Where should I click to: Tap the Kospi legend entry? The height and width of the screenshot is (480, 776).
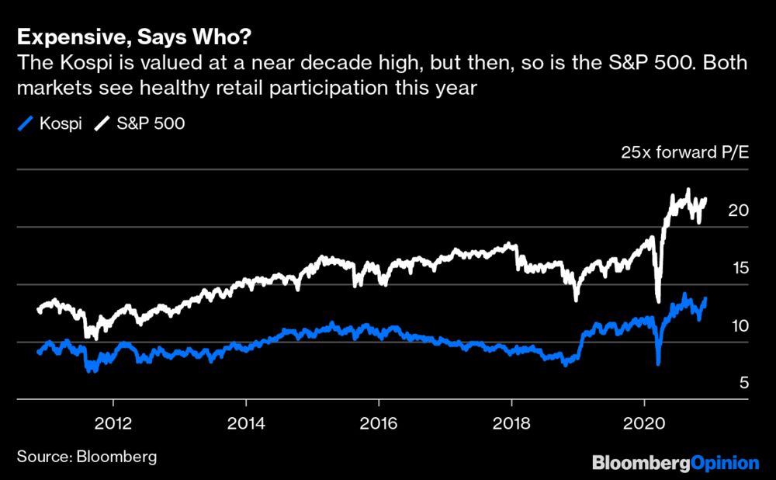pyautogui.click(x=53, y=123)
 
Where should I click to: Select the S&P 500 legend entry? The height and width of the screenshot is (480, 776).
pyautogui.click(x=140, y=123)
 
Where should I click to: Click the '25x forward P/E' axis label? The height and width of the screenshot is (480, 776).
pyautogui.click(x=685, y=152)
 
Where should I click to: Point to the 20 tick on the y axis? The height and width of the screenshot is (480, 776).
pyautogui.click(x=738, y=210)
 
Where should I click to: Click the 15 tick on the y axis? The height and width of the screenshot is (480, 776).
pyautogui.click(x=738, y=269)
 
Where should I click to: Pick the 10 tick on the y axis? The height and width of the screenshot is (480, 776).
pyautogui.click(x=738, y=326)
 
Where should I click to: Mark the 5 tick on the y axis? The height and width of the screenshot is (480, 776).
pyautogui.click(x=743, y=384)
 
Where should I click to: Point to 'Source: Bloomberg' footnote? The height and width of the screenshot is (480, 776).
pyautogui.click(x=86, y=456)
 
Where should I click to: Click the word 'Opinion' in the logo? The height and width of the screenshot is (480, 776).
pyautogui.click(x=725, y=463)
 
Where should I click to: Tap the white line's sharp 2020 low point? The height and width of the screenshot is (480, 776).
pyautogui.click(x=658, y=301)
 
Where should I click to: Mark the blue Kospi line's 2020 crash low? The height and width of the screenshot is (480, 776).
pyautogui.click(x=658, y=363)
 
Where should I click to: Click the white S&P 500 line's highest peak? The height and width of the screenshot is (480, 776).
pyautogui.click(x=688, y=190)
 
